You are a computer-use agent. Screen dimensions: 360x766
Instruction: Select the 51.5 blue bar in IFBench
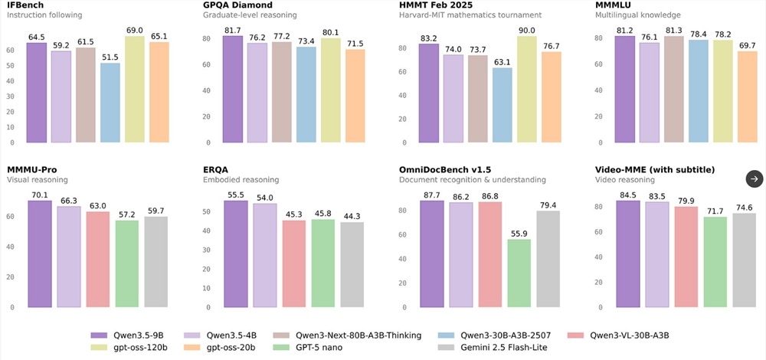(110, 103)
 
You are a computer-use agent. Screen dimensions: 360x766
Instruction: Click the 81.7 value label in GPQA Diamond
(232, 30)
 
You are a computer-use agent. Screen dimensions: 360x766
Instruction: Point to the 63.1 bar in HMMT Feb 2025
(502, 106)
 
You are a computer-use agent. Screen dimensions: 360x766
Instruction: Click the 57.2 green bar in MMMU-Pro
(126, 263)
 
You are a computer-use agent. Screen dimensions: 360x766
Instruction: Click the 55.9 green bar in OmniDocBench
(519, 273)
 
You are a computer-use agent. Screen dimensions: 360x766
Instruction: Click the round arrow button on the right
(755, 178)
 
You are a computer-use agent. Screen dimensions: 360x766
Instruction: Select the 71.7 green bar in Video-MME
(715, 262)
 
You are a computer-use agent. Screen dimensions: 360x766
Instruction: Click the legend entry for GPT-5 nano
(328, 349)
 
